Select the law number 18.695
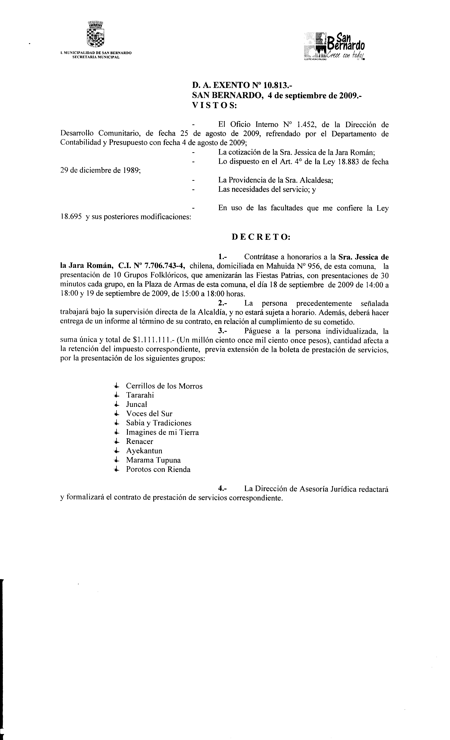click(71, 217)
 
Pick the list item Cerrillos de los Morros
click(164, 386)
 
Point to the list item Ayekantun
click(144, 451)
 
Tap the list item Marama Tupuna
click(153, 460)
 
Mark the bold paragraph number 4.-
click(223, 489)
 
